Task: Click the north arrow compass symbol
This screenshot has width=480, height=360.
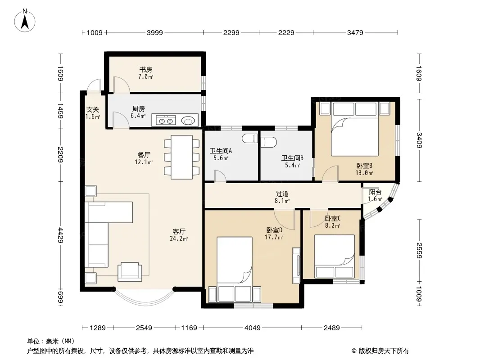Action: [25, 21]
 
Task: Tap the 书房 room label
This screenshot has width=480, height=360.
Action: [146, 70]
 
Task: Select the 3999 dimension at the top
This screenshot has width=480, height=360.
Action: [154, 32]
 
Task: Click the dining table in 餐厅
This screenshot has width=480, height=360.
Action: [181, 157]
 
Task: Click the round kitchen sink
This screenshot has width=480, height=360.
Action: [187, 121]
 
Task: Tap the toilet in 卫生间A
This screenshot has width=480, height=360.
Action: [250, 139]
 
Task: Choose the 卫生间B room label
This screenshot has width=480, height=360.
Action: [292, 158]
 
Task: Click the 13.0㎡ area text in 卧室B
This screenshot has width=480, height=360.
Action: [364, 173]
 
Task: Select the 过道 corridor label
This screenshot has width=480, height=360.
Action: [282, 193]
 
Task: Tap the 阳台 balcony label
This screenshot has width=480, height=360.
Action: [375, 192]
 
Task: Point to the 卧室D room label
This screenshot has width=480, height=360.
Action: [274, 230]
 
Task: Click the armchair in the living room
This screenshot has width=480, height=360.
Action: [130, 272]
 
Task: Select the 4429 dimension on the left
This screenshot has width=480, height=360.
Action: [60, 235]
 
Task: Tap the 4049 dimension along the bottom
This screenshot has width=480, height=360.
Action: [253, 328]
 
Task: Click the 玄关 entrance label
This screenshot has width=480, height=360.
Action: [92, 109]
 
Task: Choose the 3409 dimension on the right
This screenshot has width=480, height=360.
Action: [419, 140]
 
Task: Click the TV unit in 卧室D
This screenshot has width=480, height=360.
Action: [296, 265]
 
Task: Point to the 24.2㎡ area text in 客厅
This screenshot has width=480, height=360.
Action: [179, 239]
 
